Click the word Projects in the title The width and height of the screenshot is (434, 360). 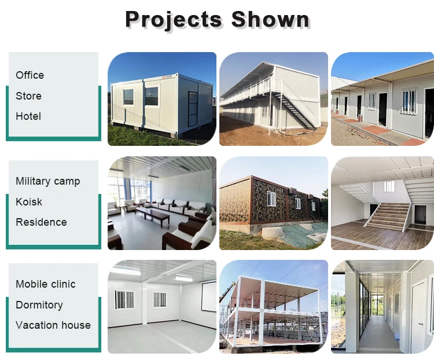point(174,20)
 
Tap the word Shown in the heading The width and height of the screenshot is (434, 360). point(270,19)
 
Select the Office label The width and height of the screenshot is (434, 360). point(30,75)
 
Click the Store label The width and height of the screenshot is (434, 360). point(28,96)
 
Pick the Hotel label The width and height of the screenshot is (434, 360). point(28,116)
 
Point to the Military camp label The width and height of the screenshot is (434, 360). point(48,181)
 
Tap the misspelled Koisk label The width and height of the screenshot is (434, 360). point(29,201)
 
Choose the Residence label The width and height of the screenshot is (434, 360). point(41,222)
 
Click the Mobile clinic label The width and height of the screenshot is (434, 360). point(46,284)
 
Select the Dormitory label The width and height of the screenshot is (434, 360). point(39,305)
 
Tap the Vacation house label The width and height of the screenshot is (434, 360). point(53,325)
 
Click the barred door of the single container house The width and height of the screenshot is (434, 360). point(193,109)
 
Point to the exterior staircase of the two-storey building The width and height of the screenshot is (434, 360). point(296,108)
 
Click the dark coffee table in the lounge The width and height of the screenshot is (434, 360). point(153,215)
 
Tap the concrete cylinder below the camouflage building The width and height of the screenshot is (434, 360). point(272,233)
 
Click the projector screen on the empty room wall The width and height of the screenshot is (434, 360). point(208,296)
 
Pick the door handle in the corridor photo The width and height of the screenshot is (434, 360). point(421,325)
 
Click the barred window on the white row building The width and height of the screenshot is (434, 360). point(409,101)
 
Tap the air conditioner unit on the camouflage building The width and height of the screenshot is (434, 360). point(293,192)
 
